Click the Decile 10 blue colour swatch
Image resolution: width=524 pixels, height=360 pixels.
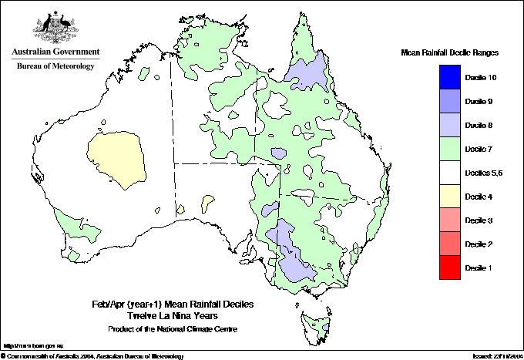click(450, 77)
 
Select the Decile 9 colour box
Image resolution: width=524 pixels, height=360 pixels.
click(450, 101)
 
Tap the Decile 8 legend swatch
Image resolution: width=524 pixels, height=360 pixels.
click(450, 125)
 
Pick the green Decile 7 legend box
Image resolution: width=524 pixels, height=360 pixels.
click(450, 149)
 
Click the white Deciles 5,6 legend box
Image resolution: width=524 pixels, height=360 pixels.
click(450, 173)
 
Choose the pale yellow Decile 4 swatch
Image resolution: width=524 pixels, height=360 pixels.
click(450, 197)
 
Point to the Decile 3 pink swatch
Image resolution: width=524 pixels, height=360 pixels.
click(450, 220)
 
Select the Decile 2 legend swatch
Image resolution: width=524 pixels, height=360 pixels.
click(450, 244)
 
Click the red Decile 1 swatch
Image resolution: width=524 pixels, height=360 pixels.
click(450, 267)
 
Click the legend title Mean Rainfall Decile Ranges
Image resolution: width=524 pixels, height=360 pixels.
click(450, 52)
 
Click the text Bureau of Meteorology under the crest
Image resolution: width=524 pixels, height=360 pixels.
click(55, 66)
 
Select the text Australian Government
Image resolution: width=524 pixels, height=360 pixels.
click(55, 52)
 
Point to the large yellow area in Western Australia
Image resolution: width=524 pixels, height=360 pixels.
click(116, 158)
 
